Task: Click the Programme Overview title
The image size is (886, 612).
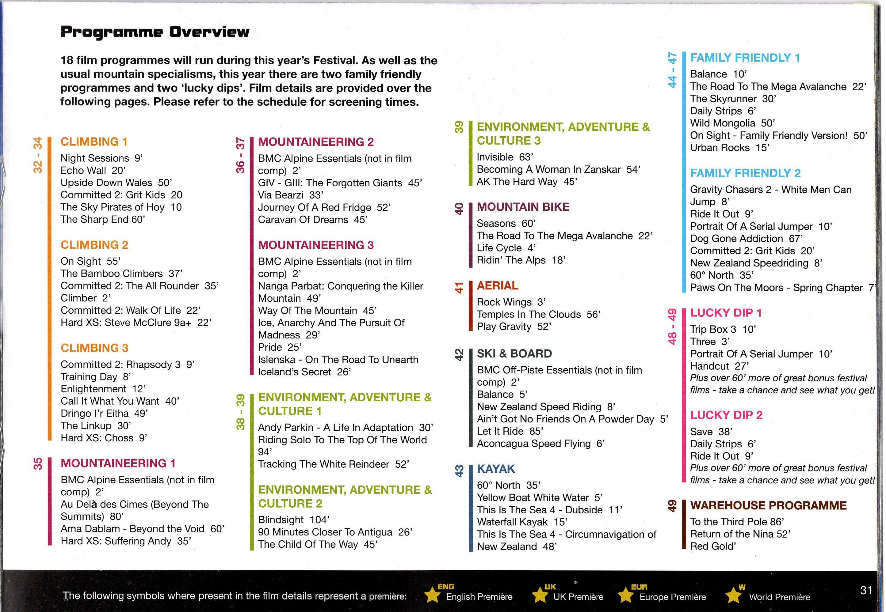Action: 155,32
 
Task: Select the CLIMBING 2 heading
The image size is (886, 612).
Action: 94,245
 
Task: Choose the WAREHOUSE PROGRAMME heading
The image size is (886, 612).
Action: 768,505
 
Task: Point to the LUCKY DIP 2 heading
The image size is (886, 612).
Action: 726,415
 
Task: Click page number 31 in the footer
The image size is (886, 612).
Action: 866,590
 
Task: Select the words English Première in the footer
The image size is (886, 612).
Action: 479,597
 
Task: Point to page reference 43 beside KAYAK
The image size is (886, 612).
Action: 459,471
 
